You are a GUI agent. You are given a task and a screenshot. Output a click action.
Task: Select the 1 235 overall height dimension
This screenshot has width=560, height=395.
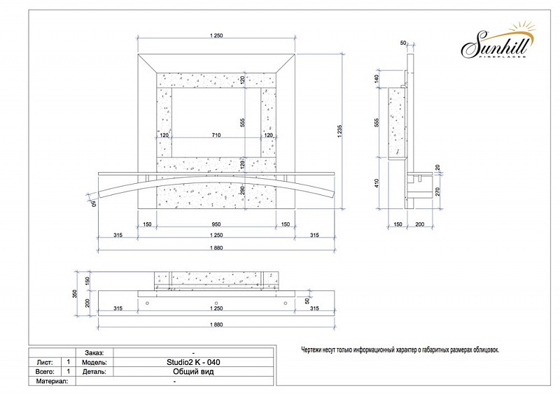(339, 131)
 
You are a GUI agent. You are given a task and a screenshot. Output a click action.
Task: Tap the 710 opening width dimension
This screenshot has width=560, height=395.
(216, 135)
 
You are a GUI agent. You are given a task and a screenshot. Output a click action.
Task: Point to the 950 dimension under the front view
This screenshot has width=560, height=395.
(216, 224)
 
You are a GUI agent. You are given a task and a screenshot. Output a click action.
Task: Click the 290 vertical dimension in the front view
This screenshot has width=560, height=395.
(242, 191)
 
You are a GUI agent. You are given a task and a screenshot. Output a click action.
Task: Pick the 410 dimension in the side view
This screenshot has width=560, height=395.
(377, 183)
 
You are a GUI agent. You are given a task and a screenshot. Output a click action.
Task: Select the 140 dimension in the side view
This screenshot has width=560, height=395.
(377, 79)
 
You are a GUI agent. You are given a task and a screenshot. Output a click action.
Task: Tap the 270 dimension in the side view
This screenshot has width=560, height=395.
(438, 192)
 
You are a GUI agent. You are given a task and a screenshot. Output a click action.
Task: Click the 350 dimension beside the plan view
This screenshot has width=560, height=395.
(76, 294)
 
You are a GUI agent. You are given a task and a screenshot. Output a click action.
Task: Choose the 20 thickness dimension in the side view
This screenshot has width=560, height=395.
(438, 167)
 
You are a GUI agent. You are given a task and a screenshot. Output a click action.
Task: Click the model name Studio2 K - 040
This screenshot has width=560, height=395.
(193, 362)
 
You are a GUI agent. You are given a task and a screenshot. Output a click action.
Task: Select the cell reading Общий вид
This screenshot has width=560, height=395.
(193, 371)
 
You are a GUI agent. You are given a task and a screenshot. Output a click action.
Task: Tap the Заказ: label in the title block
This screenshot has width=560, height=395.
(94, 353)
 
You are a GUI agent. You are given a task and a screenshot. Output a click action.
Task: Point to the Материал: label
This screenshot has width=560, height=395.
(52, 381)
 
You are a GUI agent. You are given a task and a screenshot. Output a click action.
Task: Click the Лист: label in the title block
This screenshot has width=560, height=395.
(45, 362)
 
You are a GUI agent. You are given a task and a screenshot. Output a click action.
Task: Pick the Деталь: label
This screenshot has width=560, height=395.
(94, 371)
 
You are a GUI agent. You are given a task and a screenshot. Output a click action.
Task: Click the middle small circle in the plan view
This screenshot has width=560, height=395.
(216, 303)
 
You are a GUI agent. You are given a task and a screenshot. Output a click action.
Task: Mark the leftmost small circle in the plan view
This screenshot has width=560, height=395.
(148, 303)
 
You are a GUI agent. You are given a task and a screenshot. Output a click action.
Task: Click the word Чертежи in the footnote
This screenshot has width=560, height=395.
(311, 350)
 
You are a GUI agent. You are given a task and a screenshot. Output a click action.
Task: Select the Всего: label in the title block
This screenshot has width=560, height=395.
(45, 371)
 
